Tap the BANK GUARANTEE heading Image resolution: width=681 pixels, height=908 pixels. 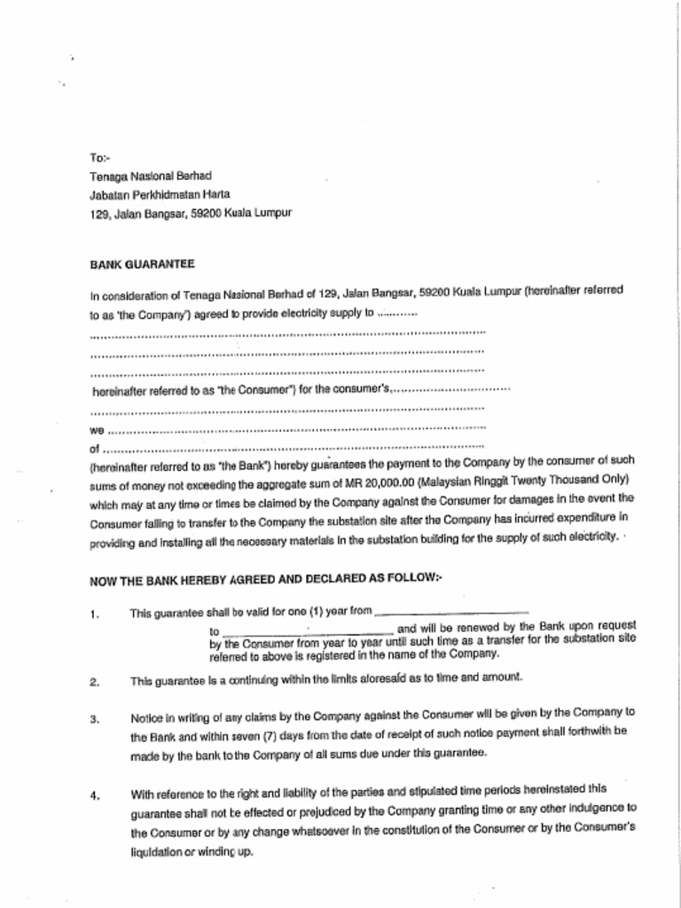point(142,264)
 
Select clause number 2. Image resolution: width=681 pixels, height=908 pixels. point(94,682)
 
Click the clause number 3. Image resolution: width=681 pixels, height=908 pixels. point(94,718)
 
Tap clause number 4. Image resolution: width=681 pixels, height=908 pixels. point(94,794)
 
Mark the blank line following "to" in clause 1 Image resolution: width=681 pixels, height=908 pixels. point(303,628)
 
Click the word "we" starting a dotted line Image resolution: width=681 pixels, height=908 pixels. point(98,430)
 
